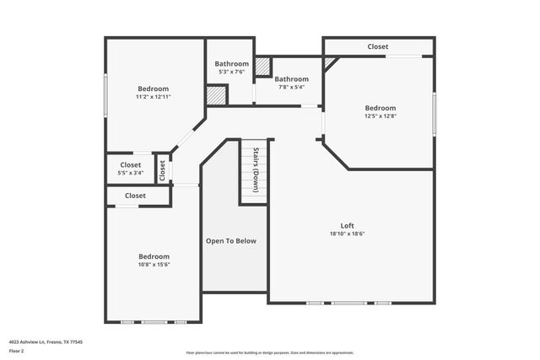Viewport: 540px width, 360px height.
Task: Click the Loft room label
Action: coord(347,225)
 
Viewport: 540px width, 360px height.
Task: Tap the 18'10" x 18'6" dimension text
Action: coord(347,234)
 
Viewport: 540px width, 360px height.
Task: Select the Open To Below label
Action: coord(230,241)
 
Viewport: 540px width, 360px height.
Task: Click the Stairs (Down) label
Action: coord(255,170)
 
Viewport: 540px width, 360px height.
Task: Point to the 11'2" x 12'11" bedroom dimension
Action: coord(154,97)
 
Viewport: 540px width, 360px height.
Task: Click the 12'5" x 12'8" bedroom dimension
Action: coord(380,116)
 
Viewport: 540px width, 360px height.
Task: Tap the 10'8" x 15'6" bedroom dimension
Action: coord(154,265)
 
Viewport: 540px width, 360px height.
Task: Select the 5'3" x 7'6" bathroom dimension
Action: coord(231,72)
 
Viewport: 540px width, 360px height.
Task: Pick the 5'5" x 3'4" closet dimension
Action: coord(130,173)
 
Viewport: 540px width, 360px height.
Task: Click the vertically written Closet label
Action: coord(163,170)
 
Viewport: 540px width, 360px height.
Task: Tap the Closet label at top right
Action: coord(378,46)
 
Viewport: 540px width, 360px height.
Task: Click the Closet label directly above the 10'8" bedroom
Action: coord(135,196)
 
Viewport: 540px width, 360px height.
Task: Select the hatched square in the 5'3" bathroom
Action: coord(217,95)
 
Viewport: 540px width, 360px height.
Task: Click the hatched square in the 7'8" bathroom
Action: coord(263,66)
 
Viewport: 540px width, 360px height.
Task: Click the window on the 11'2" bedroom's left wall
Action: coord(105,95)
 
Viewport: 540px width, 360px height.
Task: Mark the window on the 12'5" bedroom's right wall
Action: coord(434,111)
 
